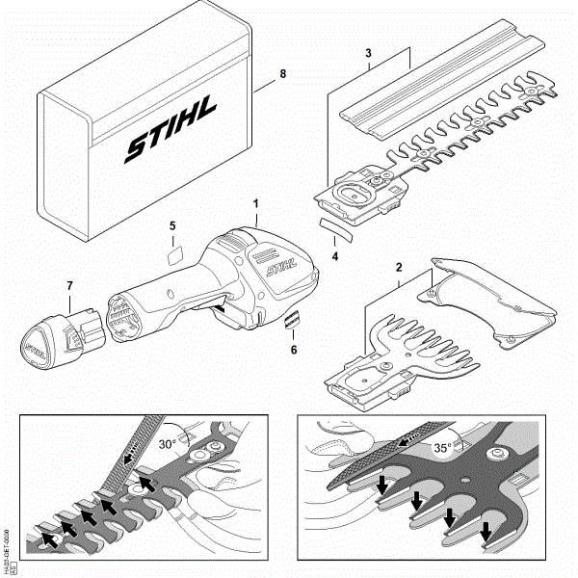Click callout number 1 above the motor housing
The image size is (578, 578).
pos(256,204)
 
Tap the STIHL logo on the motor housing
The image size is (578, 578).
pos(277,262)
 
